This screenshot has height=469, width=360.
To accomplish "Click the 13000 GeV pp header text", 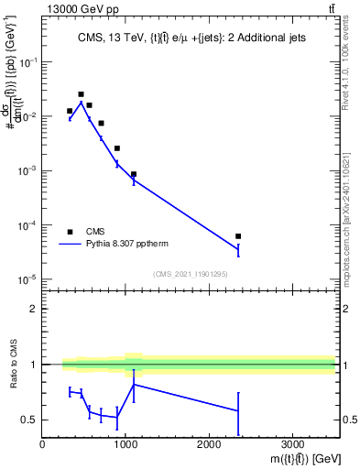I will [x=82, y=8].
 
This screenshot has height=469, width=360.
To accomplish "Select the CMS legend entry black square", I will [x=70, y=232].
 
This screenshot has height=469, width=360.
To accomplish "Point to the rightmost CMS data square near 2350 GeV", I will [x=238, y=236].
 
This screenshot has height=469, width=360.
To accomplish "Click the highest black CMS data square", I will [x=81, y=94].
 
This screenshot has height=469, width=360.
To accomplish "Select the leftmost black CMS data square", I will [x=70, y=111].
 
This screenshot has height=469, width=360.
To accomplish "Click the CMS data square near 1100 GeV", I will [x=134, y=174].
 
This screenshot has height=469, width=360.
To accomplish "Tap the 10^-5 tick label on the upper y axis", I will [x=27, y=279].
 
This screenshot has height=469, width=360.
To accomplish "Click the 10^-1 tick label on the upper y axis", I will [x=27, y=62].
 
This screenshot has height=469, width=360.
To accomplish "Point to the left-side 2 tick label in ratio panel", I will [x=34, y=309].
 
